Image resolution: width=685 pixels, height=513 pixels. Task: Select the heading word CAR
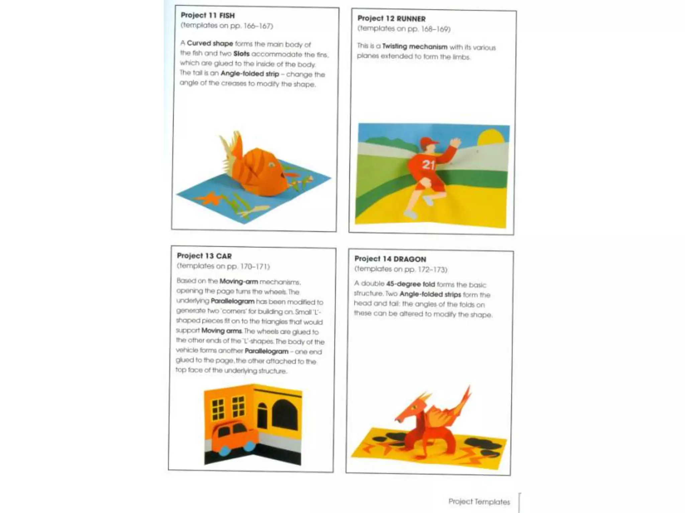[224, 256]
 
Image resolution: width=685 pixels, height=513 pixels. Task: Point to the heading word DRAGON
[410, 260]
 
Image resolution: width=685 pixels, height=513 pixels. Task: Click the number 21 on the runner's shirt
[428, 165]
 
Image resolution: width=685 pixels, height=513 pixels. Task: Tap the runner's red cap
[428, 142]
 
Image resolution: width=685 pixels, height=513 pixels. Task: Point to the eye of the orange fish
[272, 165]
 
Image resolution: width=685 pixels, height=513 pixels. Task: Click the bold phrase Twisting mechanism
[414, 47]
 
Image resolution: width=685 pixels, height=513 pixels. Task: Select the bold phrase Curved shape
[210, 43]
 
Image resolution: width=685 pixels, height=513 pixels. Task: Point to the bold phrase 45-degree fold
[410, 284]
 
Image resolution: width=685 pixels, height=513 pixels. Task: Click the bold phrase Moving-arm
[238, 282]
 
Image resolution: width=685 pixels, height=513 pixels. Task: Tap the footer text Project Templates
[479, 501]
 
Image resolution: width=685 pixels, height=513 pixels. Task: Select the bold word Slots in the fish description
[241, 54]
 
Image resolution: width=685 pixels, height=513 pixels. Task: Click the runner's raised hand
[455, 143]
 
